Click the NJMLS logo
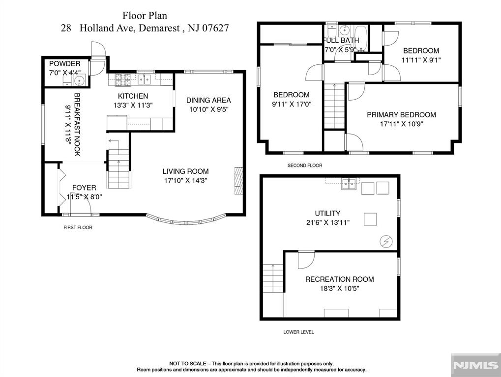[x=475, y=365]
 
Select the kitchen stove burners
[x=123, y=79]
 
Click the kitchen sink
[x=144, y=79]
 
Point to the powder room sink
[x=79, y=80]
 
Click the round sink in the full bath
[x=344, y=30]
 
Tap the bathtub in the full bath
[x=361, y=38]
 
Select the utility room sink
[x=349, y=184]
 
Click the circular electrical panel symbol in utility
[x=385, y=242]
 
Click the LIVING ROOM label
[x=186, y=171]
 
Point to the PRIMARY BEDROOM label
[x=401, y=115]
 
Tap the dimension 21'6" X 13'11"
[x=328, y=223]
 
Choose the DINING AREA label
[x=208, y=100]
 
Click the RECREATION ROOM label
[x=340, y=279]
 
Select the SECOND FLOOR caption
[x=305, y=165]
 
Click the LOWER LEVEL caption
[x=298, y=332]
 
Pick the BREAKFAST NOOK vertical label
[x=77, y=125]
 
